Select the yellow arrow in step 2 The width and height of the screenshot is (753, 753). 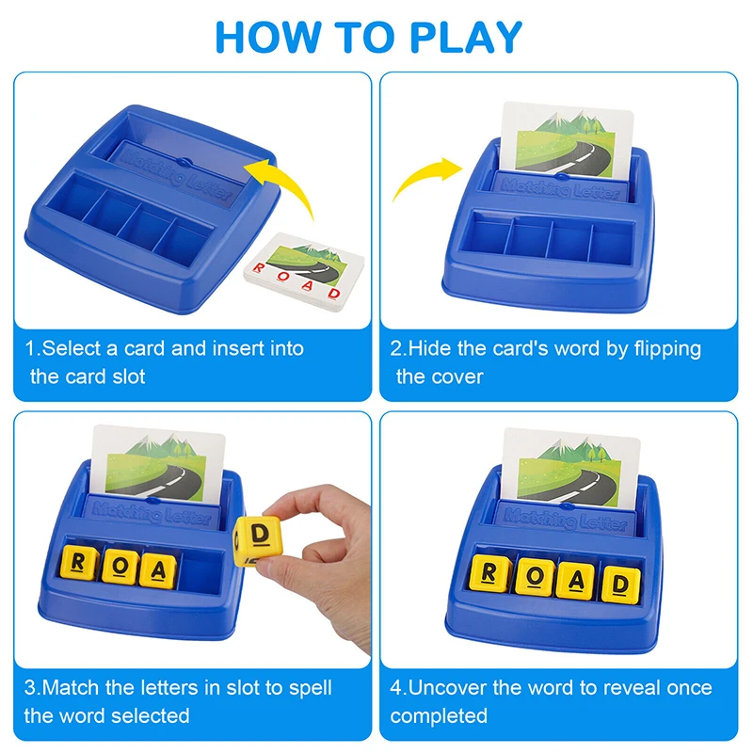(x=425, y=176)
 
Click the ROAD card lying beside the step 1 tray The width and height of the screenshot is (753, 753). (x=304, y=272)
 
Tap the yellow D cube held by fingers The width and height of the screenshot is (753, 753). (x=258, y=541)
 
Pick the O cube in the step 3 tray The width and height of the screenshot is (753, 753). (x=120, y=567)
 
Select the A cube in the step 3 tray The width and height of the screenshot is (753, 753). (x=157, y=570)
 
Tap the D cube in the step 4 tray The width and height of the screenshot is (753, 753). (x=620, y=585)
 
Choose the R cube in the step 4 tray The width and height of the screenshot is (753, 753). (x=489, y=573)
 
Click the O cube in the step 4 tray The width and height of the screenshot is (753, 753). (x=535, y=576)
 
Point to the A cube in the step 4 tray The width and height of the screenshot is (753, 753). (x=576, y=581)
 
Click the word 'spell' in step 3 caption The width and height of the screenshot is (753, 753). (x=310, y=689)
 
